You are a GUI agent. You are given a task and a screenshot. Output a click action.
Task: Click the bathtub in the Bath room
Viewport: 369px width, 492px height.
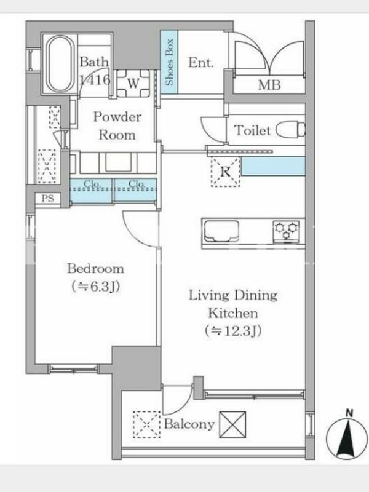[60, 64]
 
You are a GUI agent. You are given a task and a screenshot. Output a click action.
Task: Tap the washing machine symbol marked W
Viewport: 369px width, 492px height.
[133, 83]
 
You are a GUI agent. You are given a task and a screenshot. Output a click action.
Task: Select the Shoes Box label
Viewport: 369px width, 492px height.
[170, 62]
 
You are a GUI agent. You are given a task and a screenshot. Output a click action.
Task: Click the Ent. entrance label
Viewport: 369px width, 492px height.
[201, 63]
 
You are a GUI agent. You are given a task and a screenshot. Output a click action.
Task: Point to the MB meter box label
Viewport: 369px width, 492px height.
[269, 85]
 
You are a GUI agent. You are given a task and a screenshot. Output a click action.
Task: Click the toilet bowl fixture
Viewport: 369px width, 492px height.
[290, 130]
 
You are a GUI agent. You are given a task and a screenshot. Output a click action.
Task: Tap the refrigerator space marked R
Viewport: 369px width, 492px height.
[225, 172]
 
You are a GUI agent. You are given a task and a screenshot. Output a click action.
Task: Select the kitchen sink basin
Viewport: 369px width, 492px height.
[221, 231]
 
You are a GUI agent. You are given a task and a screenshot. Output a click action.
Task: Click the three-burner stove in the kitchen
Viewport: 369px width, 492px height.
[286, 232]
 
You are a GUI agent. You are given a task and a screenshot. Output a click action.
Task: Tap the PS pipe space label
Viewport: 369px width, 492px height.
[48, 198]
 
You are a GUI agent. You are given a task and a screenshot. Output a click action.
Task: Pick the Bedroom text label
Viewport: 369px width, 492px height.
[96, 269]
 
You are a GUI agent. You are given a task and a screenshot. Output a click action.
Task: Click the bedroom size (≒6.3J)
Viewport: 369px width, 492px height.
[96, 287]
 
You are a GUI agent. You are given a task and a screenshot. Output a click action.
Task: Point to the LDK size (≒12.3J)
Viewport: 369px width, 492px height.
[233, 331]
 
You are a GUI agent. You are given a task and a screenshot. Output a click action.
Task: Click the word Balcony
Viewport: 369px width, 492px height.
[189, 424]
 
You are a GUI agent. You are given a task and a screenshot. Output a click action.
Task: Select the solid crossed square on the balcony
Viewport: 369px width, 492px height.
[232, 424]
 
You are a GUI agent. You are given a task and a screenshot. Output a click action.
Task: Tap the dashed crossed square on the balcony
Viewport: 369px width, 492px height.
[146, 424]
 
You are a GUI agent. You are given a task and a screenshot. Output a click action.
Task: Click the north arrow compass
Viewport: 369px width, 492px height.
[346, 436]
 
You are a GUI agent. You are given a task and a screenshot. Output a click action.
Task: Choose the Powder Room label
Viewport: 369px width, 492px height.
[117, 126]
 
